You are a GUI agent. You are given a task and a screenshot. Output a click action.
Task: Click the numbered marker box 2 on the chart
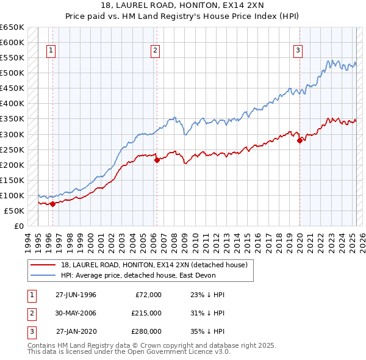tap(156, 51)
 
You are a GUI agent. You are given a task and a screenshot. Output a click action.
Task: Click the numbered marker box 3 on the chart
tap(298, 51)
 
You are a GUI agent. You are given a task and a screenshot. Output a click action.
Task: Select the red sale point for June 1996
tap(52, 204)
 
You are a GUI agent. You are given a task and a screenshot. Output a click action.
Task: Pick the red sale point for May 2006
tap(157, 160)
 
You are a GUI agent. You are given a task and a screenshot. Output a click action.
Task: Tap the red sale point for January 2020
tap(300, 140)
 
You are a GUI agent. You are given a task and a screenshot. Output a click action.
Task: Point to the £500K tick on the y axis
tap(12, 73)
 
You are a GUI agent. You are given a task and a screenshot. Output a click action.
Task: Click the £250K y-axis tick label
tap(12, 149)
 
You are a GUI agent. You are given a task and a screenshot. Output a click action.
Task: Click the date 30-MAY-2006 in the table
tap(76, 313)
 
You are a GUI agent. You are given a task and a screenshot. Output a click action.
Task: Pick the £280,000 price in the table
tap(146, 331)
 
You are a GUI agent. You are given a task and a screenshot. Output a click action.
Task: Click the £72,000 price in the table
tap(148, 295)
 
